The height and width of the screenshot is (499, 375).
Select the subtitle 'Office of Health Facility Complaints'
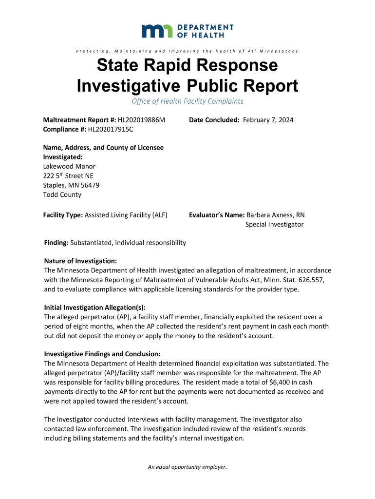point(187,101)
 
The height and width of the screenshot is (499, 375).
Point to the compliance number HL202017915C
point(111,129)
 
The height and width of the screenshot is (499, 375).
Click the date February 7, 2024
point(268,120)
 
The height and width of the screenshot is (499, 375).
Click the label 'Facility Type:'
point(63,215)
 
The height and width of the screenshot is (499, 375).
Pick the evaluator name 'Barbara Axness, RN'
point(276,215)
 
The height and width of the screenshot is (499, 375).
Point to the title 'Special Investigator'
point(274,224)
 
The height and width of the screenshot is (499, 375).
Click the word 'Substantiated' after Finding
point(91,243)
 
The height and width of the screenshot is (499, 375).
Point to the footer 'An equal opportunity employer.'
point(187,467)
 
